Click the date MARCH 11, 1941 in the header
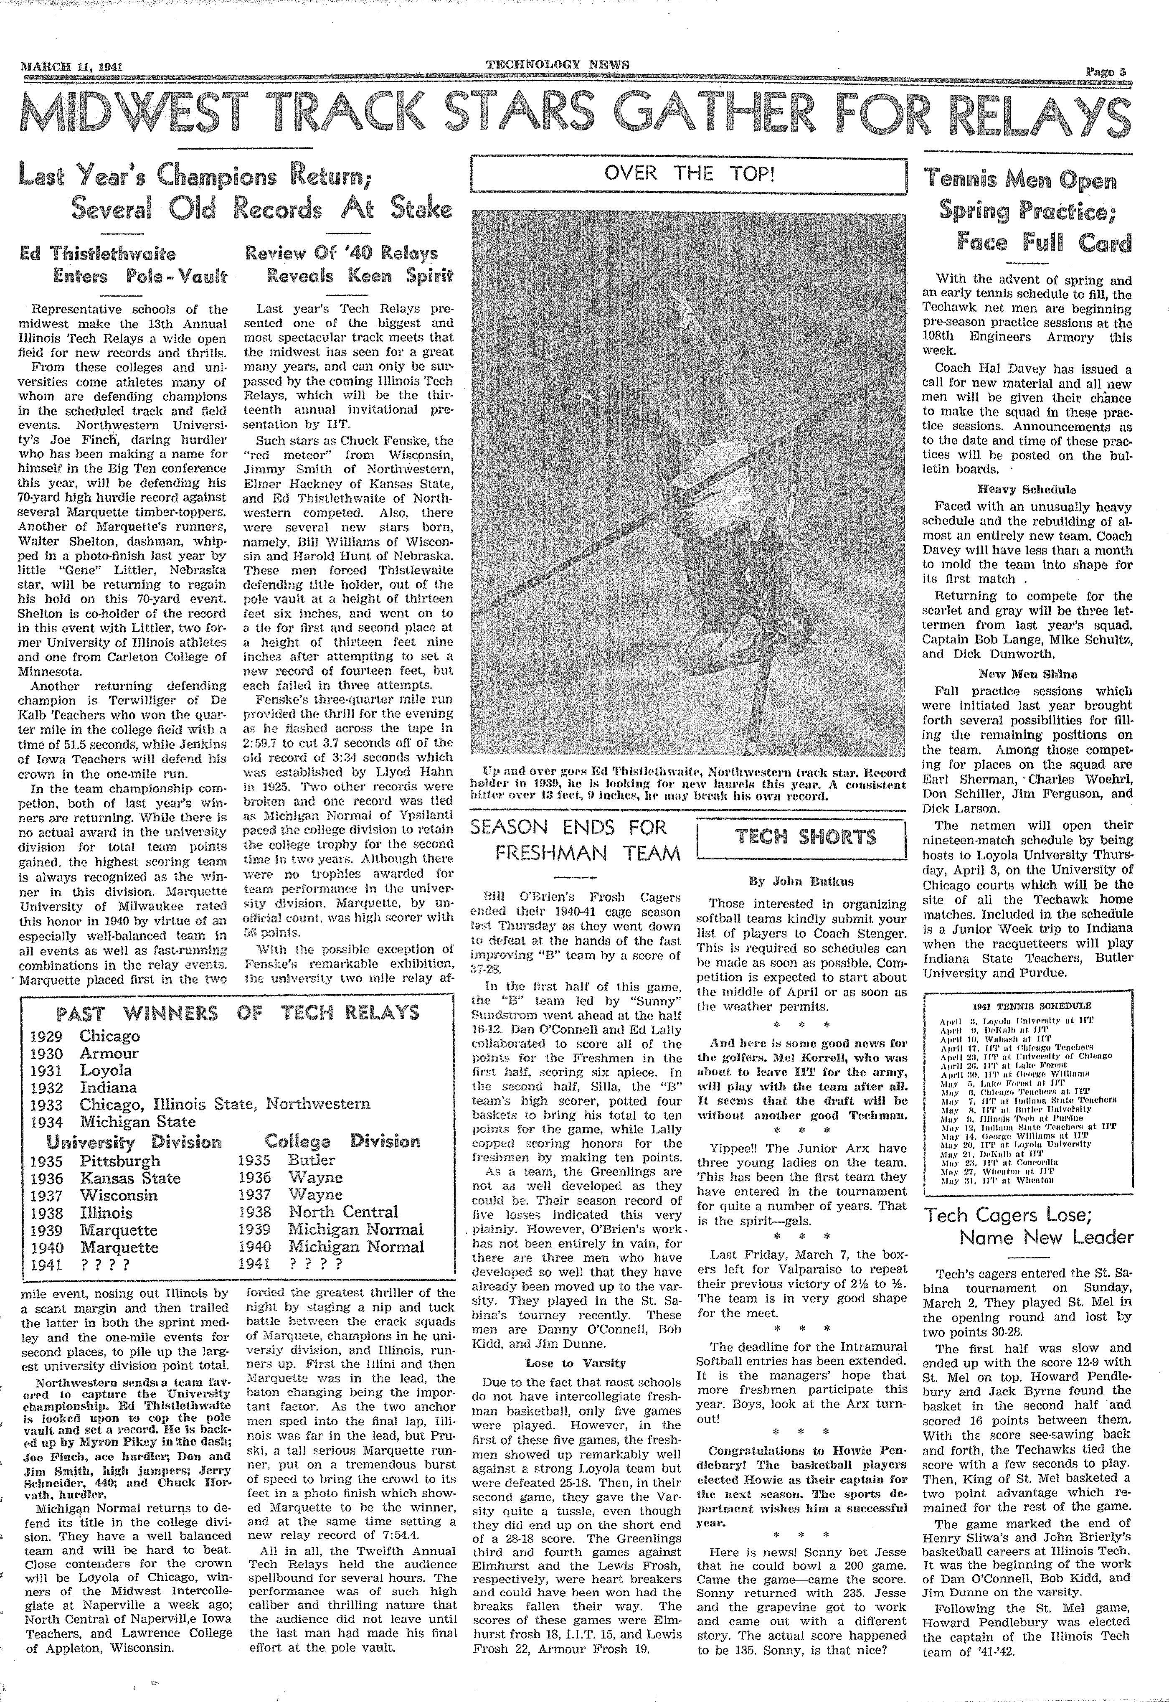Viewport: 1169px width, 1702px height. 71,66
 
